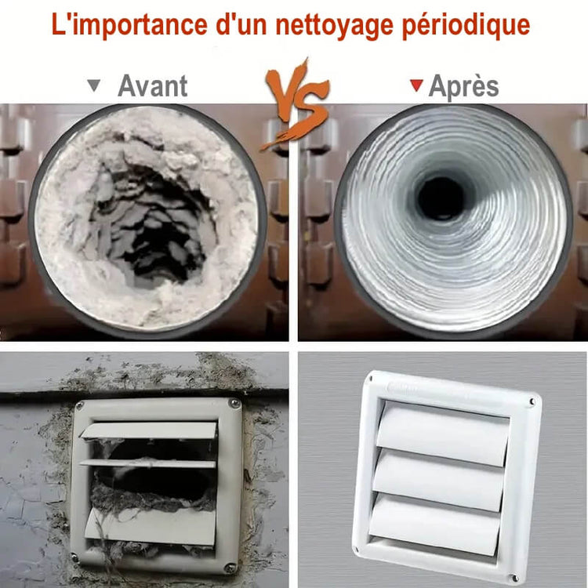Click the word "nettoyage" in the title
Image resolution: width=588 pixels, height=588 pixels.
point(334,25)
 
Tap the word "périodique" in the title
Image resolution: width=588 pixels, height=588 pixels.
point(466,26)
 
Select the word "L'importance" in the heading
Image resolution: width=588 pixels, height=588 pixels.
point(129,24)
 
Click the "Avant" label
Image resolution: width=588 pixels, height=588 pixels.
point(153,85)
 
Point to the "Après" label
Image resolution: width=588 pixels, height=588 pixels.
point(463,87)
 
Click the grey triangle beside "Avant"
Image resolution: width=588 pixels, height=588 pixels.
point(94,85)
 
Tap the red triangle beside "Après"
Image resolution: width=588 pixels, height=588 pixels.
point(416,85)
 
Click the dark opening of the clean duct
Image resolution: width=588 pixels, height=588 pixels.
point(441,198)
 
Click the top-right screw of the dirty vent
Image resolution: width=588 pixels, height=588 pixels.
point(234,404)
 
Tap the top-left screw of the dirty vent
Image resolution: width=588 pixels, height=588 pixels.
point(79,405)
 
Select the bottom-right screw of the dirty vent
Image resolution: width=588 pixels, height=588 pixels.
point(230,568)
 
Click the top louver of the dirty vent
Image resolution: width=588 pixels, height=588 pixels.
point(149,430)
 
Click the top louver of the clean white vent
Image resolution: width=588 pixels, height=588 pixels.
point(442,433)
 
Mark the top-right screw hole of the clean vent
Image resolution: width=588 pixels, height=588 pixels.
point(532,403)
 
